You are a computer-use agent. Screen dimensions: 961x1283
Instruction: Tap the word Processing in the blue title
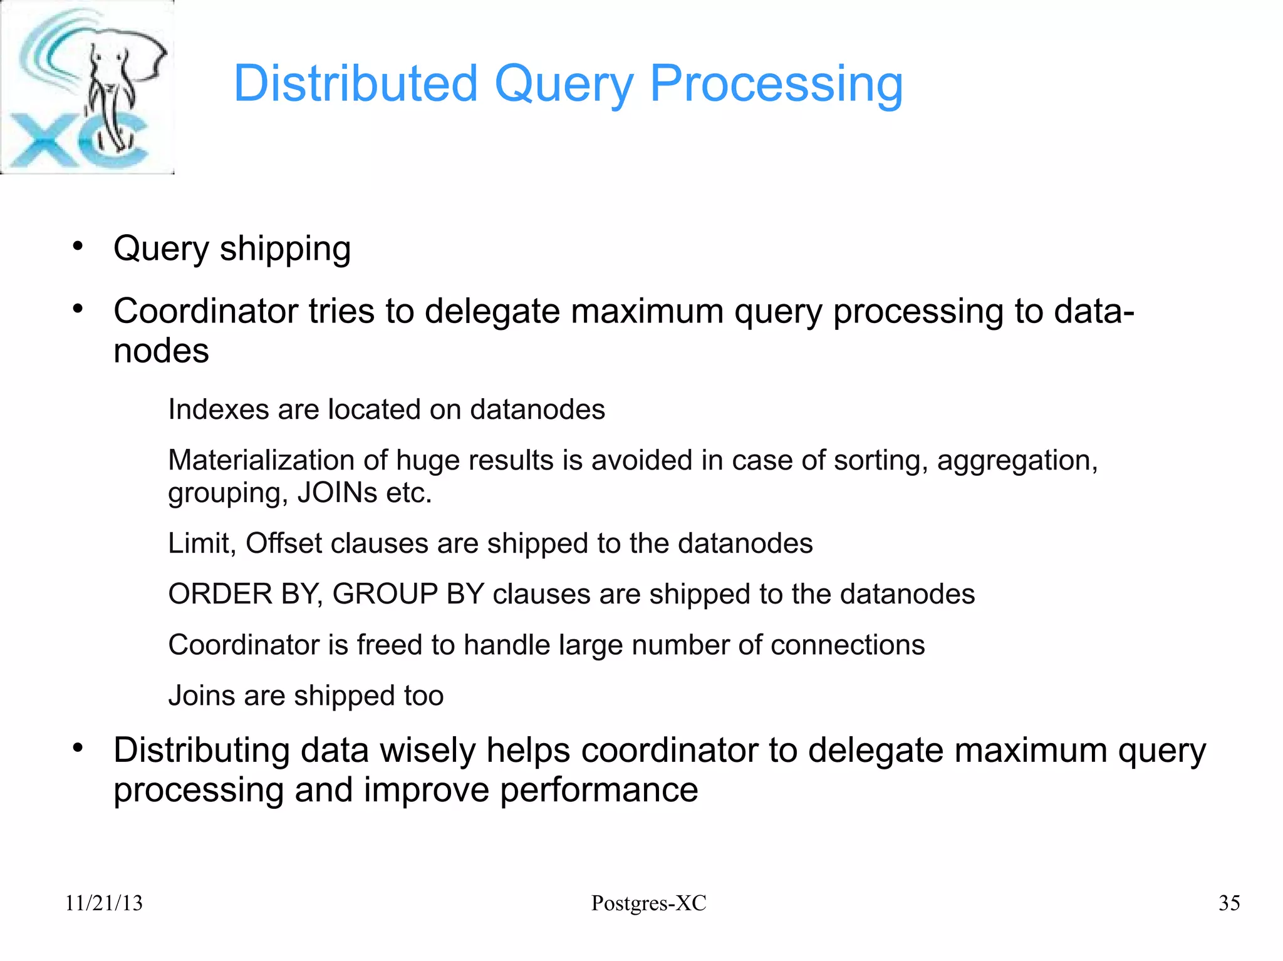pos(776,85)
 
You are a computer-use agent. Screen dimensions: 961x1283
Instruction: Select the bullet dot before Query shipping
pos(78,246)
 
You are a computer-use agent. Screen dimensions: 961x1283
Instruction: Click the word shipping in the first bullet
pos(285,249)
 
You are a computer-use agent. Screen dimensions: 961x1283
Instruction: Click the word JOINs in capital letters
pos(336,493)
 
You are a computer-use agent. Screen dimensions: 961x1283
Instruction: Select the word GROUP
pos(385,594)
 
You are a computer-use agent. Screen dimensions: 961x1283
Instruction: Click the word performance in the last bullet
pos(598,790)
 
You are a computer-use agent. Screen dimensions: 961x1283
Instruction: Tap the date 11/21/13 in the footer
pos(104,903)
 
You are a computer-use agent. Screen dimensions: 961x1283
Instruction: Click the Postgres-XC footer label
pos(648,903)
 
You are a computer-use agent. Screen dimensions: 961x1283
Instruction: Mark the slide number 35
pos(1228,903)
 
